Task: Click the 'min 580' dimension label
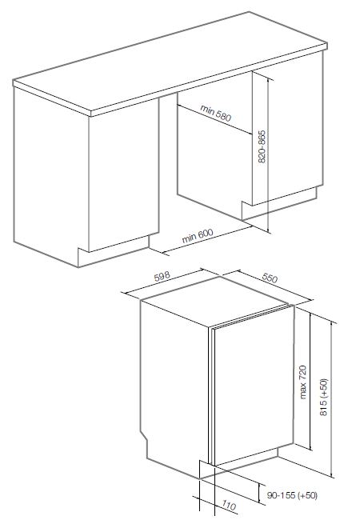[x=215, y=113]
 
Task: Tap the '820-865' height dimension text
[x=262, y=146]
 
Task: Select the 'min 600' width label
[x=198, y=236]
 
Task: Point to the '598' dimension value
[x=162, y=277]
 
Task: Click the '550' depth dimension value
[x=270, y=278]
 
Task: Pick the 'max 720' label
[x=302, y=382]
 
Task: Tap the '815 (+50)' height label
[x=323, y=397]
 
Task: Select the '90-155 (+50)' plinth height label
[x=292, y=495]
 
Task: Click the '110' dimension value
[x=229, y=506]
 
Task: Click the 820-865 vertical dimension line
[x=268, y=154]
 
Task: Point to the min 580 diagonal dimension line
[x=214, y=120]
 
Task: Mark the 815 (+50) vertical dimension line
[x=331, y=399]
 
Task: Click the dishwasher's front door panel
[x=254, y=386]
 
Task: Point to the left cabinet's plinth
[x=113, y=251]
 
